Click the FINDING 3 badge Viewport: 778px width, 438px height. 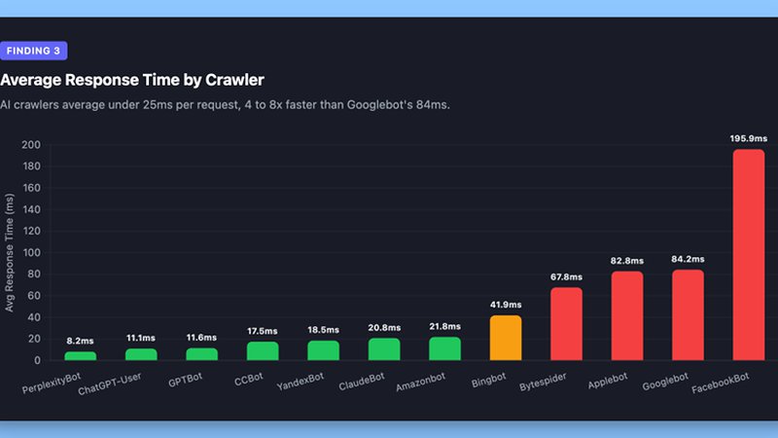pyautogui.click(x=34, y=51)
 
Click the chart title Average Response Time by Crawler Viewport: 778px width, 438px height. pyautogui.click(x=132, y=80)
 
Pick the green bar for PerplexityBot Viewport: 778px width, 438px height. pyautogui.click(x=81, y=356)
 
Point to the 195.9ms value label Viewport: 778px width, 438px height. pyautogui.click(x=748, y=138)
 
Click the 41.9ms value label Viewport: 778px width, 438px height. pyautogui.click(x=506, y=305)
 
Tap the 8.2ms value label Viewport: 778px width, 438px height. pyautogui.click(x=81, y=341)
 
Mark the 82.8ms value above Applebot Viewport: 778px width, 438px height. pyautogui.click(x=627, y=261)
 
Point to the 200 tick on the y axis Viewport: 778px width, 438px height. pyautogui.click(x=31, y=145)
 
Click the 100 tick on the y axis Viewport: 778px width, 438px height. pyautogui.click(x=31, y=253)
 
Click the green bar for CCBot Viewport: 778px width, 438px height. pyautogui.click(x=263, y=351)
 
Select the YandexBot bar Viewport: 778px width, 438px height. pyautogui.click(x=324, y=350)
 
